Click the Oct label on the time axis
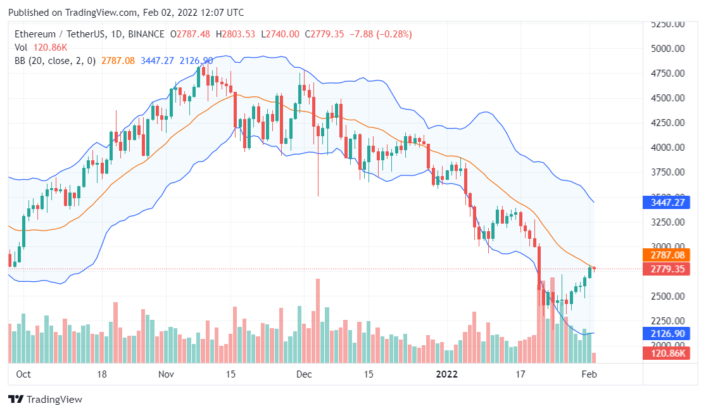(23, 374)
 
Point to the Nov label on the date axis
(166, 374)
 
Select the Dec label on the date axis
(304, 374)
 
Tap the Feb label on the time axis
(589, 374)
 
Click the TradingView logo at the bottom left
(45, 400)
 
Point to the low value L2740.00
(281, 34)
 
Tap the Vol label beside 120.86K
(21, 48)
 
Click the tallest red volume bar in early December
(318, 321)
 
